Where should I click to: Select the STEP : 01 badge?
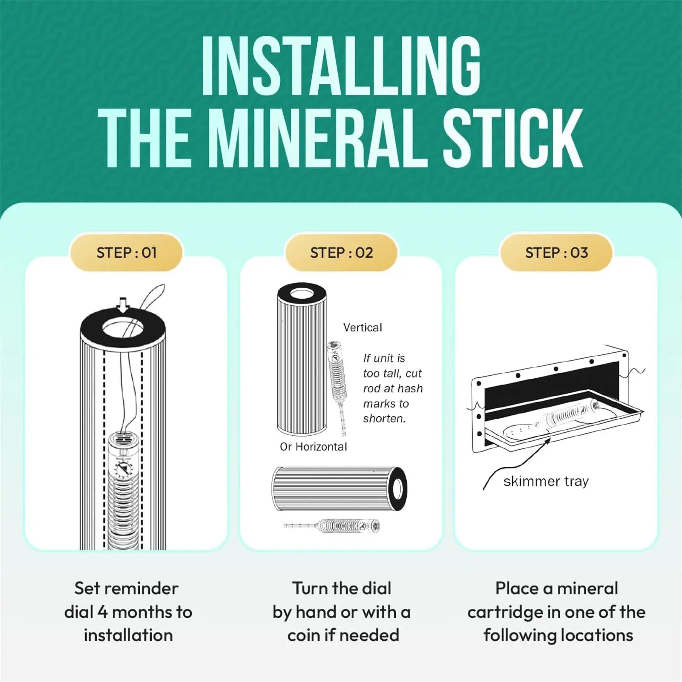tap(127, 253)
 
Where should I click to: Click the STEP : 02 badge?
tap(341, 253)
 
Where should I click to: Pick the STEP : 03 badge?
tap(556, 253)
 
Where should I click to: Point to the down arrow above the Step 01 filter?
tap(123, 305)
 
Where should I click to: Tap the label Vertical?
tap(363, 328)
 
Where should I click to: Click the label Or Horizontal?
tap(314, 446)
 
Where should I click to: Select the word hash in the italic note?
tap(412, 388)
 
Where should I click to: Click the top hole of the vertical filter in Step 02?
tap(302, 294)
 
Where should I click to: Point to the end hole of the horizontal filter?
tap(398, 489)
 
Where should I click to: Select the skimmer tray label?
tap(546, 481)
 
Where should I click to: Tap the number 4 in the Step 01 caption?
tap(102, 612)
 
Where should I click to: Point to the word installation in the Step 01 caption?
tap(128, 635)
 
